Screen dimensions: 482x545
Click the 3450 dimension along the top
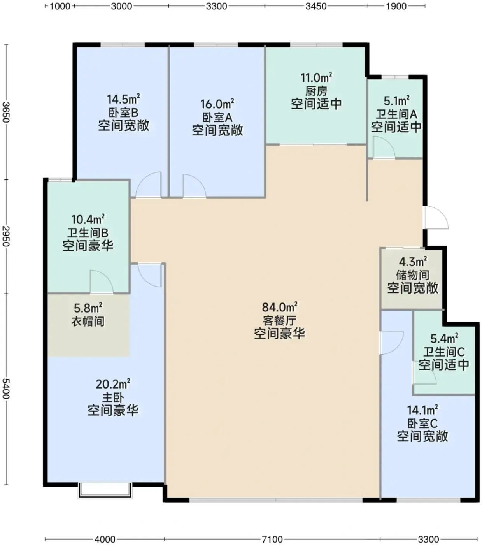tap(315, 6)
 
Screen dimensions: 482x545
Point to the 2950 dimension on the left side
tap(6, 236)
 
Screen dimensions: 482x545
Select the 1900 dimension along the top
tap(396, 6)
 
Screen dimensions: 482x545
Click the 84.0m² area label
tap(280, 307)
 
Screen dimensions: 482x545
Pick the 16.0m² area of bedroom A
tap(217, 104)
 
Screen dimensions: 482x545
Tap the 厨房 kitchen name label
tap(316, 91)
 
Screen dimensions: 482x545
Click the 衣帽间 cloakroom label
tap(88, 321)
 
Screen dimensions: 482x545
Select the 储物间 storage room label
tap(412, 275)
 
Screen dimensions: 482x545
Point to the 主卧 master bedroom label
tap(113, 397)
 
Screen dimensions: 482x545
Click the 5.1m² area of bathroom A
tap(396, 101)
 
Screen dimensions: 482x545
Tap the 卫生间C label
tap(444, 352)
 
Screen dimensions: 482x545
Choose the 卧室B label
tap(123, 113)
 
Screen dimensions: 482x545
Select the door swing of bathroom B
tap(102, 281)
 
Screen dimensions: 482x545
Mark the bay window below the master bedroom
tap(105, 491)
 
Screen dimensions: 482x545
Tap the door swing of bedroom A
tap(195, 186)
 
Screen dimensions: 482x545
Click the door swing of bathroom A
tap(384, 147)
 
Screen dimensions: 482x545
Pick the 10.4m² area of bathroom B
tap(88, 220)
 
